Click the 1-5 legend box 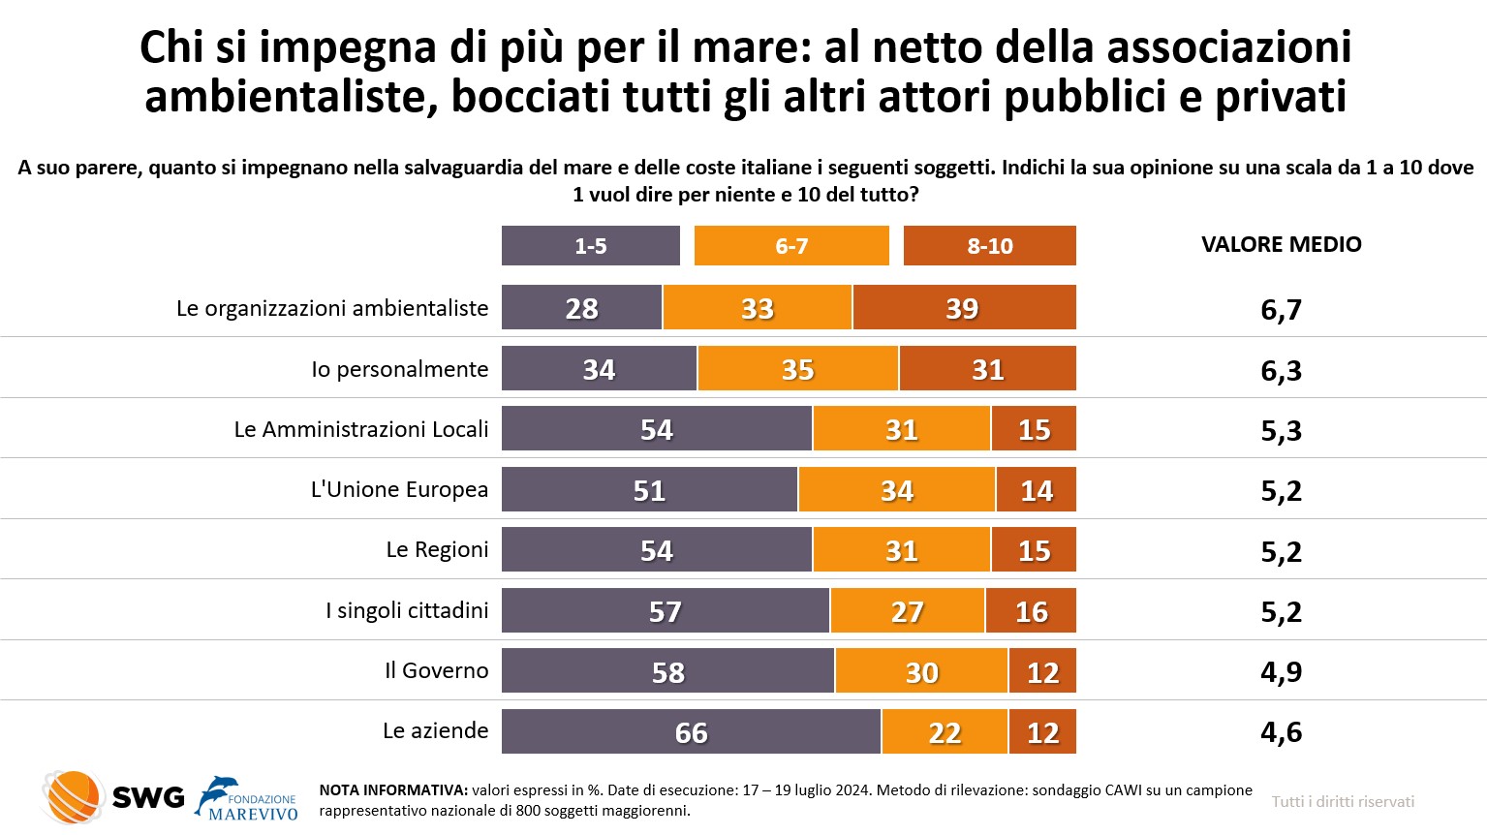tap(590, 246)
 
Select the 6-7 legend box tap(791, 246)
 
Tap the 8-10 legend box tap(989, 246)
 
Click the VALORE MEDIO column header tap(1281, 245)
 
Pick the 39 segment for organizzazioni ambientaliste tap(964, 308)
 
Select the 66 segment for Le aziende tap(691, 732)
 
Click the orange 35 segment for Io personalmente tap(797, 369)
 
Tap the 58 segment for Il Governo tap(667, 671)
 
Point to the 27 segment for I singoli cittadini tap(907, 611)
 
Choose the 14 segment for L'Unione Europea tap(1036, 490)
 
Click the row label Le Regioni tap(437, 550)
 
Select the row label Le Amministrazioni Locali tap(361, 430)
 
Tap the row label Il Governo tap(436, 670)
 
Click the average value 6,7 tap(1281, 310)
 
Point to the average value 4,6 tap(1281, 732)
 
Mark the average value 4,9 tap(1281, 671)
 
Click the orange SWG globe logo tap(73, 797)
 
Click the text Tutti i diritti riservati tap(1343, 802)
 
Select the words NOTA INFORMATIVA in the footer tap(393, 790)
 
